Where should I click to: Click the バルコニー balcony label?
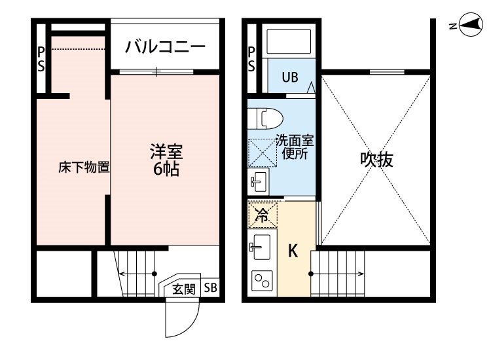coord(165,47)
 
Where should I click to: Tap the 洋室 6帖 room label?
coord(166,160)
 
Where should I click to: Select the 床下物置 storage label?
coord(84,168)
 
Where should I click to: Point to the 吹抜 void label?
coord(376,159)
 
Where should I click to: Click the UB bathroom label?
coord(290,77)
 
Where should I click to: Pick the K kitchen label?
coord(293,251)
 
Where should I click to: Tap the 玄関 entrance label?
coord(184,289)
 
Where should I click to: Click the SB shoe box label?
coord(210,288)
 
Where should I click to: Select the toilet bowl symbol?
coord(265,118)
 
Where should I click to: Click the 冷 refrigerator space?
coord(263,215)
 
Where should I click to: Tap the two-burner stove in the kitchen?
coord(262,281)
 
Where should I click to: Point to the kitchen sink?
coord(261,247)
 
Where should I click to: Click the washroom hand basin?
coord(259,181)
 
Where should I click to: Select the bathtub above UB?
coord(289,42)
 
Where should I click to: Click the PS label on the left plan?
coord(41,59)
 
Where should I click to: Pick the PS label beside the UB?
coord(251,59)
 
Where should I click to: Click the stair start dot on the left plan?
coord(155,274)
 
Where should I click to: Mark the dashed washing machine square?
coord(263,153)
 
